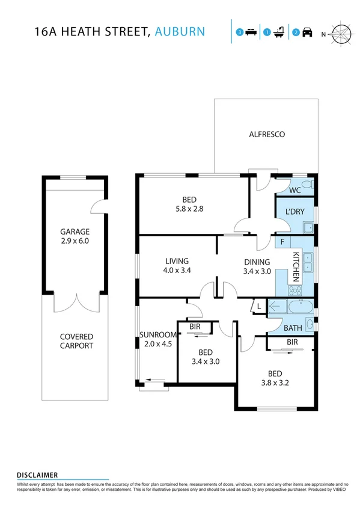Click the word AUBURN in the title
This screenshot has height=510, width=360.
(x=179, y=32)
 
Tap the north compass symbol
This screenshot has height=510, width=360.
(x=341, y=34)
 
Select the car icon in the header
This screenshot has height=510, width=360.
(x=307, y=33)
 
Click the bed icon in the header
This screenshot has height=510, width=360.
(x=251, y=33)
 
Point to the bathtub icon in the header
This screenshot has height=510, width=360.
(x=279, y=33)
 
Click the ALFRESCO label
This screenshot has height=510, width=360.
(x=267, y=135)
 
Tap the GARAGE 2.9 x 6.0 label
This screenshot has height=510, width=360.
(x=75, y=236)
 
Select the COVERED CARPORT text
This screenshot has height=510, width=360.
(x=76, y=341)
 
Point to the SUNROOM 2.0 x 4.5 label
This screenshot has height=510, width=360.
(x=158, y=339)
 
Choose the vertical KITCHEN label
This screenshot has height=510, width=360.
(x=296, y=267)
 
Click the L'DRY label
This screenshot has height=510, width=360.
(x=294, y=212)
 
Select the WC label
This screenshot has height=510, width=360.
(x=294, y=190)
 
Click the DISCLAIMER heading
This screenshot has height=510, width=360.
(x=37, y=475)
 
